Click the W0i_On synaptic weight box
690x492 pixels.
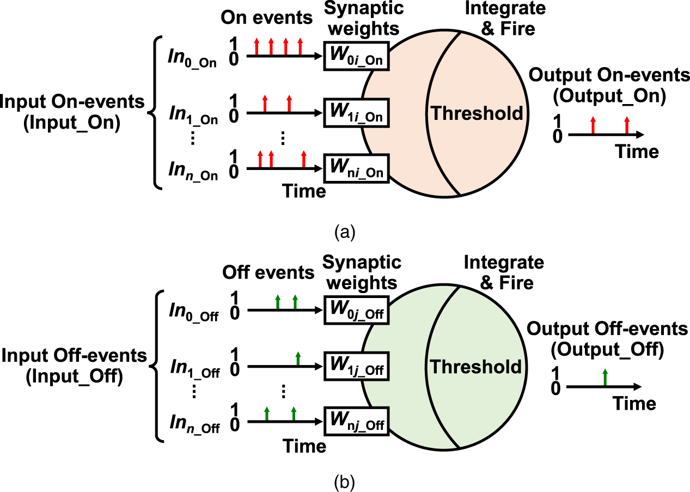pos(357,56)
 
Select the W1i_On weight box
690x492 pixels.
pos(357,113)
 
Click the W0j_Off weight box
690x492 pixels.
pos(357,312)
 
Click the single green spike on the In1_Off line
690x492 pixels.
pos(298,359)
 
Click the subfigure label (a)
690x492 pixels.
pos(344,233)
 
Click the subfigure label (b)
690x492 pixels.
pos(344,481)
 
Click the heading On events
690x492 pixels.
pos(267,17)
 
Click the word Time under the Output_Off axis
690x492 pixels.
pos(634,404)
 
